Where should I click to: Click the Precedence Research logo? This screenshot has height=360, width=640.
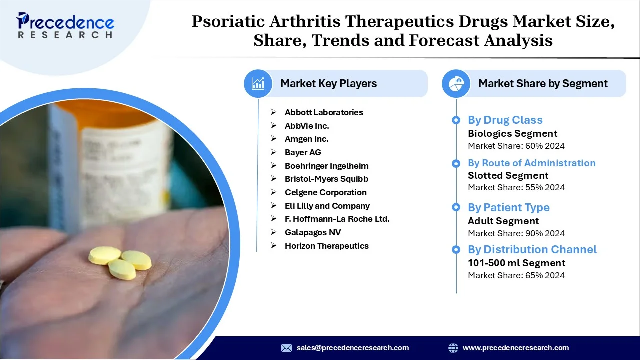(x=65, y=25)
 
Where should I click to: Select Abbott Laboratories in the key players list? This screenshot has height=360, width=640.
(x=324, y=112)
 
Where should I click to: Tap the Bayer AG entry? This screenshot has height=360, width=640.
(x=303, y=152)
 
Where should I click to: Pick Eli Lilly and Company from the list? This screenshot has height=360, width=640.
(x=327, y=206)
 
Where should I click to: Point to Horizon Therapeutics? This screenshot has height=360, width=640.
(x=327, y=246)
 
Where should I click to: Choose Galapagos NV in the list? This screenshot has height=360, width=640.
(x=313, y=232)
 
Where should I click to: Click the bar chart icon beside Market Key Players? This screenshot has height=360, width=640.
(x=258, y=83)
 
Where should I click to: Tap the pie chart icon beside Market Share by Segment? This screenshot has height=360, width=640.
(x=456, y=83)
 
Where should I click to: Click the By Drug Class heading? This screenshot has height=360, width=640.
(x=505, y=120)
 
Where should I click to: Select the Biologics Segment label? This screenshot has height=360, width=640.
(x=513, y=133)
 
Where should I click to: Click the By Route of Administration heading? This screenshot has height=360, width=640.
(x=532, y=163)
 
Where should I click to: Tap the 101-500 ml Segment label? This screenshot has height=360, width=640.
(x=517, y=263)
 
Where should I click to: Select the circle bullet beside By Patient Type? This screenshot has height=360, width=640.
(x=456, y=207)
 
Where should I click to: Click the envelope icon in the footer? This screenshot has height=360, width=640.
(x=286, y=348)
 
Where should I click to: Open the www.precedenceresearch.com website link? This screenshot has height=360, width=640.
(x=516, y=348)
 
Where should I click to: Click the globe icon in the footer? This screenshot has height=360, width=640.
(x=453, y=348)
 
